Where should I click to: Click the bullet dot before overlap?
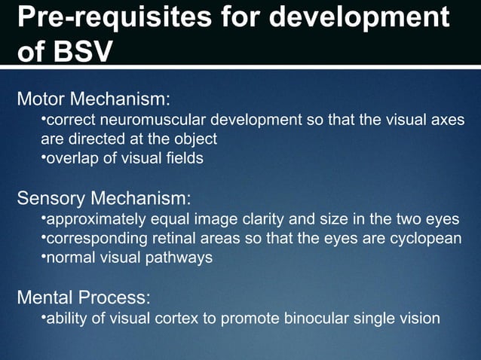43,157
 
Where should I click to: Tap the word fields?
183,157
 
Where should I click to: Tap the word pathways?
184,258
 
